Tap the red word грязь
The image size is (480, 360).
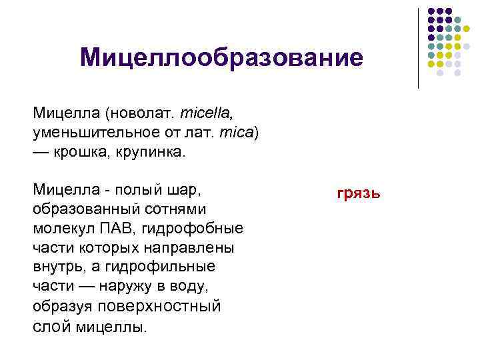(359, 193)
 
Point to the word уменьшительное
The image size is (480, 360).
(83, 133)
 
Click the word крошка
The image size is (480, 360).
(79, 152)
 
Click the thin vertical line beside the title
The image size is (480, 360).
(419, 48)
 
